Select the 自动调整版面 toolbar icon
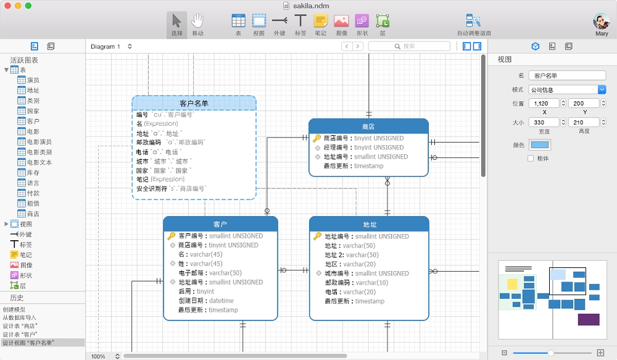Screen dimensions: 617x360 [x=473, y=21]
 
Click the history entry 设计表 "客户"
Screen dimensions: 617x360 [x=20, y=335]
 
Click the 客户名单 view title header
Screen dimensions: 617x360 [x=194, y=103]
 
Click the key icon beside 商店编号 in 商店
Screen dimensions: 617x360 [x=317, y=138]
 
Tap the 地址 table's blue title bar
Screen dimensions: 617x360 [x=369, y=224]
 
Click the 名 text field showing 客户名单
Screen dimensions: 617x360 [x=567, y=75]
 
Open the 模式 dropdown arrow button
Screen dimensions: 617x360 [x=602, y=90]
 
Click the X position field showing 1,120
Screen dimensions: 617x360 [x=544, y=103]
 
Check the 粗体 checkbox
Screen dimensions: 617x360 [x=531, y=158]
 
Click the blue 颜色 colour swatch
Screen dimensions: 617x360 [x=539, y=145]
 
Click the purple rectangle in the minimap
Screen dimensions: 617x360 [x=589, y=319]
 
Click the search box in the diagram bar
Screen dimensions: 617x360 [x=409, y=46]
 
